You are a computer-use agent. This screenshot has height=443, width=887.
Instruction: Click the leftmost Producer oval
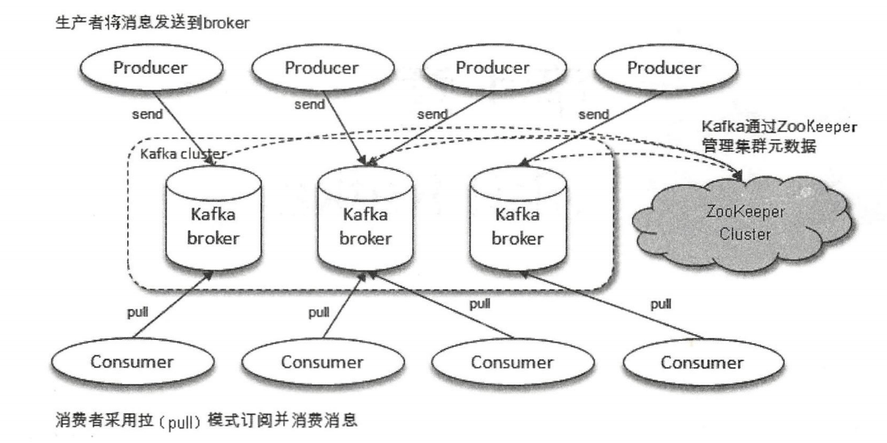pos(150,68)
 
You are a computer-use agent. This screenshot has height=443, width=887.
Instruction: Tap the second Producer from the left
pos(322,68)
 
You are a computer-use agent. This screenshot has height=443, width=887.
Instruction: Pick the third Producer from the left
pos(493,68)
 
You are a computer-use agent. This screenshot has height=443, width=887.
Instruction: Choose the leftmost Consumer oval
pos(131,361)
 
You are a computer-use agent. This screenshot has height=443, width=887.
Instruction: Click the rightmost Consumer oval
pos(701,361)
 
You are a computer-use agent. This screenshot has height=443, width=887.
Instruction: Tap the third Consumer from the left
pos(511,361)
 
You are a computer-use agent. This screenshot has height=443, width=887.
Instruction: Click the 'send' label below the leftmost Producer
pos(149,115)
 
